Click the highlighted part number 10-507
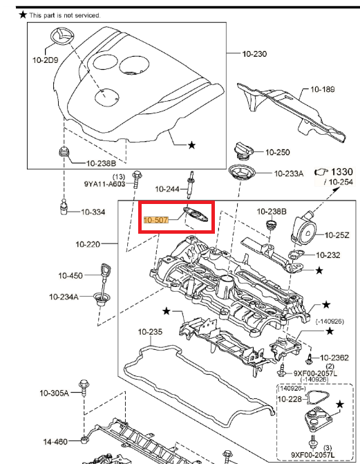[155, 221]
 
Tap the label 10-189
[322, 89]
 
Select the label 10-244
[167, 189]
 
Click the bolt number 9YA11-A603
[105, 185]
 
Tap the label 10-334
[93, 212]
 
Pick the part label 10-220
[88, 244]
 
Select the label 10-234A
[64, 297]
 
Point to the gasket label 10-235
[150, 332]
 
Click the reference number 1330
[341, 171]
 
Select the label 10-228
[290, 399]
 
